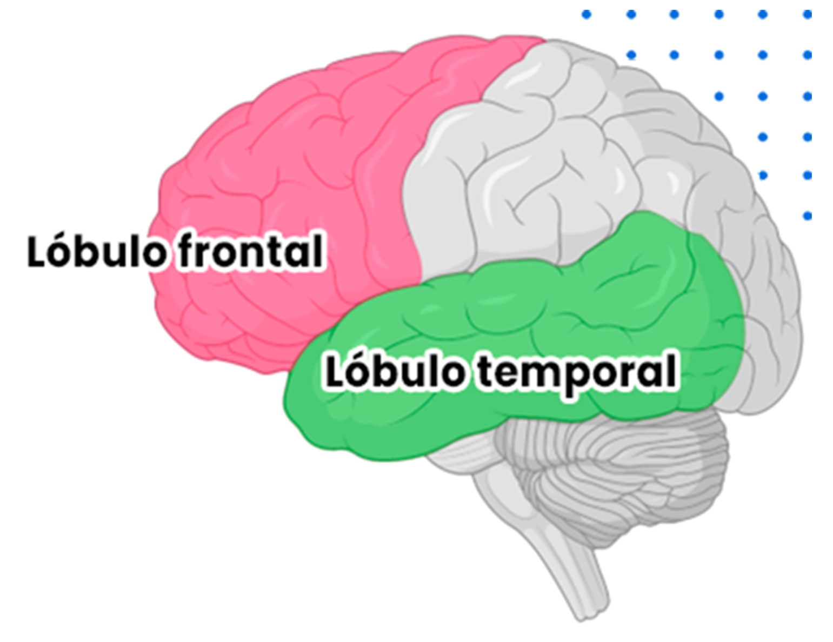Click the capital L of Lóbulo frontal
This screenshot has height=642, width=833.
click(x=37, y=251)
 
